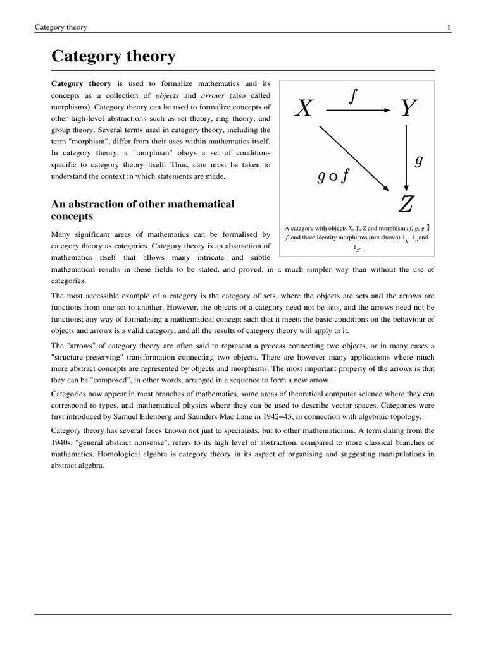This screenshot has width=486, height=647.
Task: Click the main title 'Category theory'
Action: pos(113,57)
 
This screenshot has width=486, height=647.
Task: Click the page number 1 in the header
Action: pos(448,27)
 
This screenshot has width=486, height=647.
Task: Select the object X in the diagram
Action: pos(304,109)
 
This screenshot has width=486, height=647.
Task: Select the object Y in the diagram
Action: pos(409,109)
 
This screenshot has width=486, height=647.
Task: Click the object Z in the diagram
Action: pos(406,204)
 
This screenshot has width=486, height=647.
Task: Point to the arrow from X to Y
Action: pos(358,110)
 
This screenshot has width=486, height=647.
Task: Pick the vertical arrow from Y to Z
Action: pos(406,158)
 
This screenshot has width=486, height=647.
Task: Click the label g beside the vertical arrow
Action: pos(418,160)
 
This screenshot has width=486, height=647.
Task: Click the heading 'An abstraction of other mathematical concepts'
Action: pos(142,210)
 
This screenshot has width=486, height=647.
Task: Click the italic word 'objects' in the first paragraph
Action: pos(167,95)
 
